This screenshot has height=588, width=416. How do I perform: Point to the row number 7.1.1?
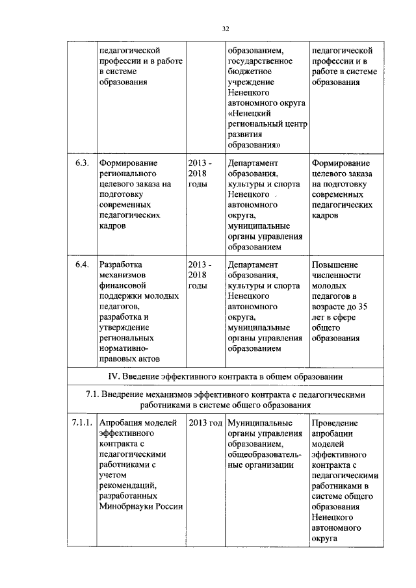point(81,424)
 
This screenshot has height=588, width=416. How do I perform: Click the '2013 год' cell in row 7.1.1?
point(205,424)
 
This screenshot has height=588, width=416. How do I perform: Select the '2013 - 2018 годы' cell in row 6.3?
point(199,173)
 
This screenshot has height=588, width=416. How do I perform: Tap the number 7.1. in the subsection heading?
point(95,394)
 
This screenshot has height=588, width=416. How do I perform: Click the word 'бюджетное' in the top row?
point(250,71)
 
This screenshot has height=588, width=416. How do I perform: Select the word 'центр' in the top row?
point(294,123)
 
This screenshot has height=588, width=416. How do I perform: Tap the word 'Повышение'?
point(335,265)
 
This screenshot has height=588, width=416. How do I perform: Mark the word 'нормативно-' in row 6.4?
point(124,348)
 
